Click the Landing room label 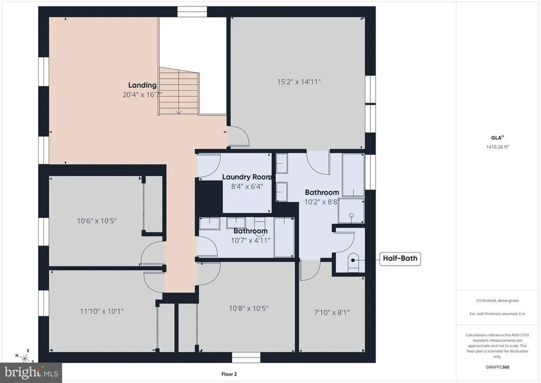coord(142,85)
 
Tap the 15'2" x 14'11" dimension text coord(299,82)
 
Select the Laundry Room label coord(247,177)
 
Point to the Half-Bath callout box coord(400,258)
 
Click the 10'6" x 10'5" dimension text coord(97,221)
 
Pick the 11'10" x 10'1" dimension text coord(102,311)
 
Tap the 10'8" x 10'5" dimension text coord(248,308)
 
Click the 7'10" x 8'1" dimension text coord(332,313)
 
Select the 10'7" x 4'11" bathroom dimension coord(250,240)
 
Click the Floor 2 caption coord(229,374)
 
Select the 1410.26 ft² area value coord(498,147)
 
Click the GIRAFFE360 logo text coord(497,367)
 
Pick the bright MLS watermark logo coord(31,372)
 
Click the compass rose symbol coord(25,357)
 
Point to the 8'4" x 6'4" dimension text coord(247,186)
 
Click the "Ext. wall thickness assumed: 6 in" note coord(497,314)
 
